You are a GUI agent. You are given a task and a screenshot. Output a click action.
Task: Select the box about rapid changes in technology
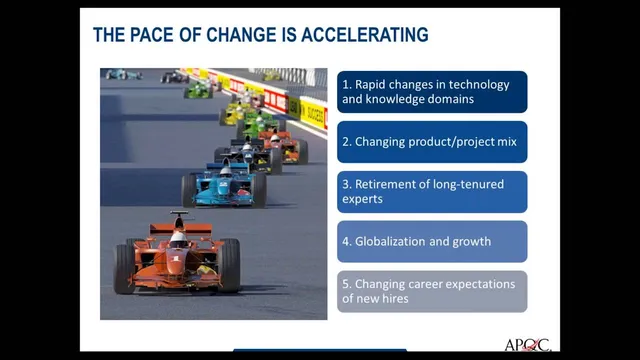431,91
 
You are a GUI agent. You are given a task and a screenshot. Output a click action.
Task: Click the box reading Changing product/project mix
431,142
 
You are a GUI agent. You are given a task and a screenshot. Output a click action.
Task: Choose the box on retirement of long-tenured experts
431,192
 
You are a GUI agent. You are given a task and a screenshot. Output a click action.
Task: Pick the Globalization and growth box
431,242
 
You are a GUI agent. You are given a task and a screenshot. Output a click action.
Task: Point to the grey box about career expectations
431,291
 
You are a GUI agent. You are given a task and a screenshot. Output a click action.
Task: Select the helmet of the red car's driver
178,239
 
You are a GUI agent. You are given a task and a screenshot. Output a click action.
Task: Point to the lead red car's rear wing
178,216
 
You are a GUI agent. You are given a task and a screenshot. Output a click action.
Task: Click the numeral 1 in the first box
345,84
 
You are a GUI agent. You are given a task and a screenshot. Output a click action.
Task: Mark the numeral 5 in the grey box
345,284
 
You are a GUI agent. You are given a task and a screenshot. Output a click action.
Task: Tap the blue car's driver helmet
226,171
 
